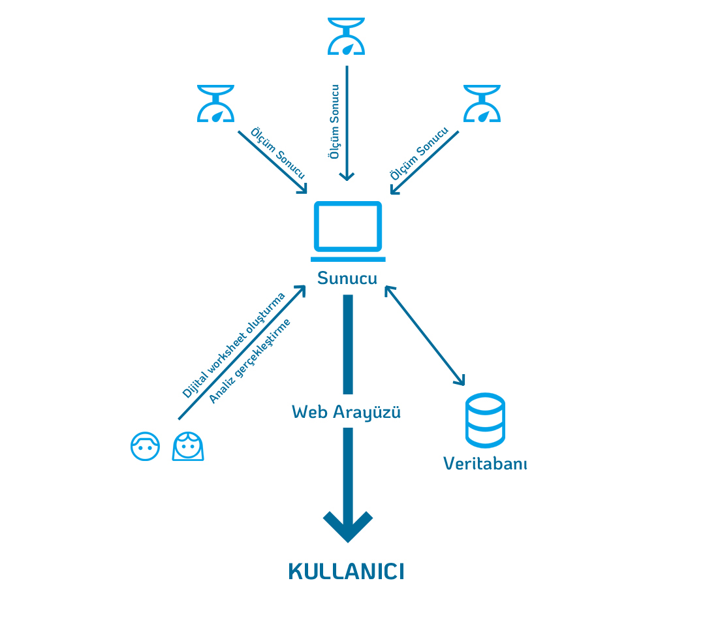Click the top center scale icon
347,36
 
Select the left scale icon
215,104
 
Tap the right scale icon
482,104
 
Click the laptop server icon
347,229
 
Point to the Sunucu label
347,278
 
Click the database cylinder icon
484,420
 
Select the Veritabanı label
485,464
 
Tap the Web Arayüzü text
346,412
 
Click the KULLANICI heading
346,571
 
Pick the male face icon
145,447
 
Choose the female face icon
188,447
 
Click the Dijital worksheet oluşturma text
233,345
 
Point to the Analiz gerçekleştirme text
250,361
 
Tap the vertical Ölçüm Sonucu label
334,121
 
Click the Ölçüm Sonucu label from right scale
419,153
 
